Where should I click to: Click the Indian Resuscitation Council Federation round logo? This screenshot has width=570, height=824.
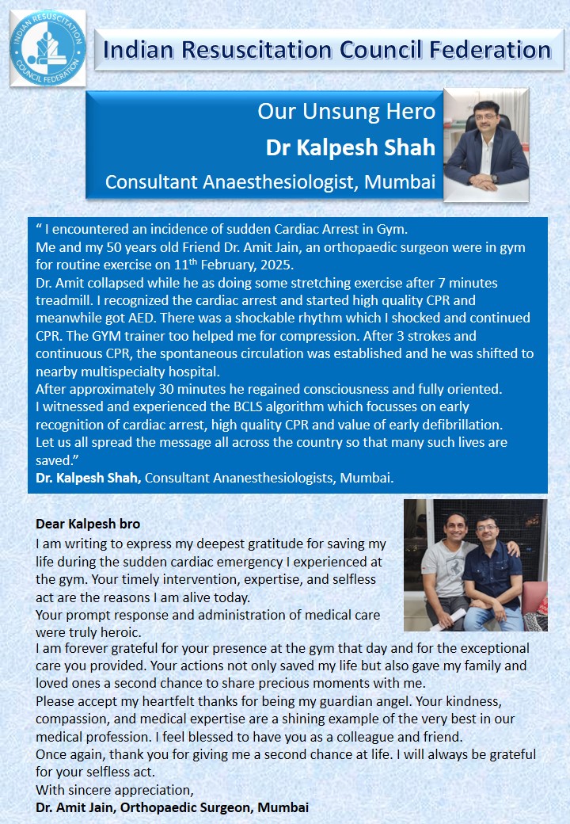pos(47,48)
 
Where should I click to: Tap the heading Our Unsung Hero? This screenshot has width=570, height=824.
pos(346,111)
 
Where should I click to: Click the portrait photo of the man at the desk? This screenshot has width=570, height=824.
pos(486,139)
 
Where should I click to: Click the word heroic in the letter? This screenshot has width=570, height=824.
pos(121,631)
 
